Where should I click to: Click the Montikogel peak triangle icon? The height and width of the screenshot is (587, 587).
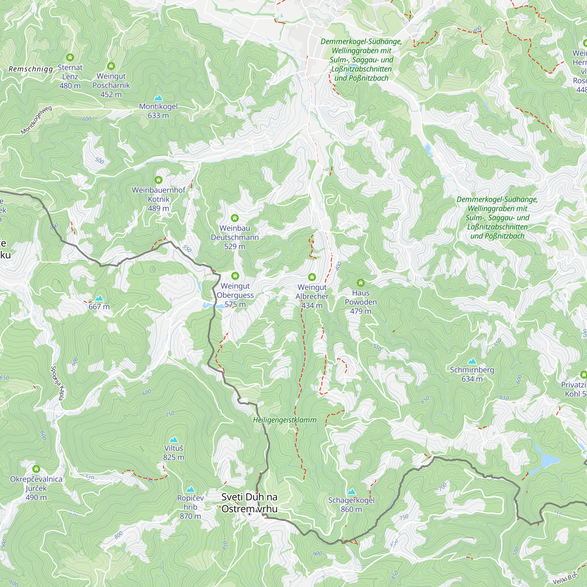(x=158, y=98)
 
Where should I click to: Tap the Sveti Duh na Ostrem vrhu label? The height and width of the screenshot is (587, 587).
(x=249, y=502)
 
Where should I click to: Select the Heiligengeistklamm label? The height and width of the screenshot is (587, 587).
(x=285, y=420)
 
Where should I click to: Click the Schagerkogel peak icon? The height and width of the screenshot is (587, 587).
(x=351, y=492)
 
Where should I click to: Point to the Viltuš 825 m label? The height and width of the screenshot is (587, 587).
(x=173, y=452)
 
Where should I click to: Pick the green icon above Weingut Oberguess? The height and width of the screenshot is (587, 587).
(x=235, y=276)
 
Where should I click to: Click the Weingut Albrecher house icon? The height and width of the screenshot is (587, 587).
(x=312, y=277)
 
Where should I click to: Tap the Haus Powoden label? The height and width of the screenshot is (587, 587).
(x=361, y=302)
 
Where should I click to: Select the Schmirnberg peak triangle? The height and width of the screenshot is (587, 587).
(x=472, y=361)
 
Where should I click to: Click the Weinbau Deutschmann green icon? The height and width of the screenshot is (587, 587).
(x=235, y=218)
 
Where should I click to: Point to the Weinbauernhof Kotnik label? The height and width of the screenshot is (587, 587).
(x=158, y=199)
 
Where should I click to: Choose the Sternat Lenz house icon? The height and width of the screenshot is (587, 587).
(x=70, y=57)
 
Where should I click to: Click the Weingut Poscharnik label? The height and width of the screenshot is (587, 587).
(x=111, y=85)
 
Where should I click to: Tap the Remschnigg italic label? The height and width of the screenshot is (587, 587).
(x=31, y=69)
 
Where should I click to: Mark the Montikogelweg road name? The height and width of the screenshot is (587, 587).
(x=36, y=120)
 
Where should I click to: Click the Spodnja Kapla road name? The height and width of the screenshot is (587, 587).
(x=57, y=383)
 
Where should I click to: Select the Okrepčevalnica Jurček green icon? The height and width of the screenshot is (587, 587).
(x=36, y=469)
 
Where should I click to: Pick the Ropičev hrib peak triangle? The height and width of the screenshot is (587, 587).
(x=190, y=489)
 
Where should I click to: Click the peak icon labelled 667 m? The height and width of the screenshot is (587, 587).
(x=99, y=298)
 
